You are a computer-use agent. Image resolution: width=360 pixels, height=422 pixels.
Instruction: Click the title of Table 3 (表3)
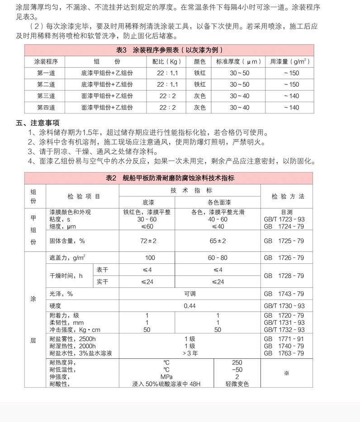pyautogui.click(x=170, y=50)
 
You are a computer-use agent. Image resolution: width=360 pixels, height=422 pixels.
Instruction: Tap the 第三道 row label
pyautogui.click(x=46, y=96)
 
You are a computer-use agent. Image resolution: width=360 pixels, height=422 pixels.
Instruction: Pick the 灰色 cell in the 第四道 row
pyautogui.click(x=200, y=108)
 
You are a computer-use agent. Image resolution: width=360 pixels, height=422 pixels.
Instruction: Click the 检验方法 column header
pyautogui.click(x=288, y=197)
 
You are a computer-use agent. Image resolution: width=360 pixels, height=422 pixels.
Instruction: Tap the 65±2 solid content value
pyautogui.click(x=218, y=241)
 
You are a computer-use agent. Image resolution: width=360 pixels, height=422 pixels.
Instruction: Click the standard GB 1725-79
pyautogui.click(x=284, y=241)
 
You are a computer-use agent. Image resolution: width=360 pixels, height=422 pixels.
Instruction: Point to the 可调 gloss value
pyautogui.click(x=190, y=294)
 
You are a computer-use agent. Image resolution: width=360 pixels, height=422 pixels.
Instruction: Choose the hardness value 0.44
pyautogui.click(x=190, y=306)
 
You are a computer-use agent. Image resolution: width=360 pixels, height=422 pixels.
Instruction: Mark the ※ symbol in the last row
pyautogui.click(x=286, y=373)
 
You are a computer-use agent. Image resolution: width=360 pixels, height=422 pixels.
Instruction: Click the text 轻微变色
pyautogui.click(x=237, y=384)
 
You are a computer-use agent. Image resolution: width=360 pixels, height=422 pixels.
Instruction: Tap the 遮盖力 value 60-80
pyautogui.click(x=218, y=258)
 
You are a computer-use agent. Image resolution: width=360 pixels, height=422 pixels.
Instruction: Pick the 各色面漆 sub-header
pyautogui.click(x=218, y=202)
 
